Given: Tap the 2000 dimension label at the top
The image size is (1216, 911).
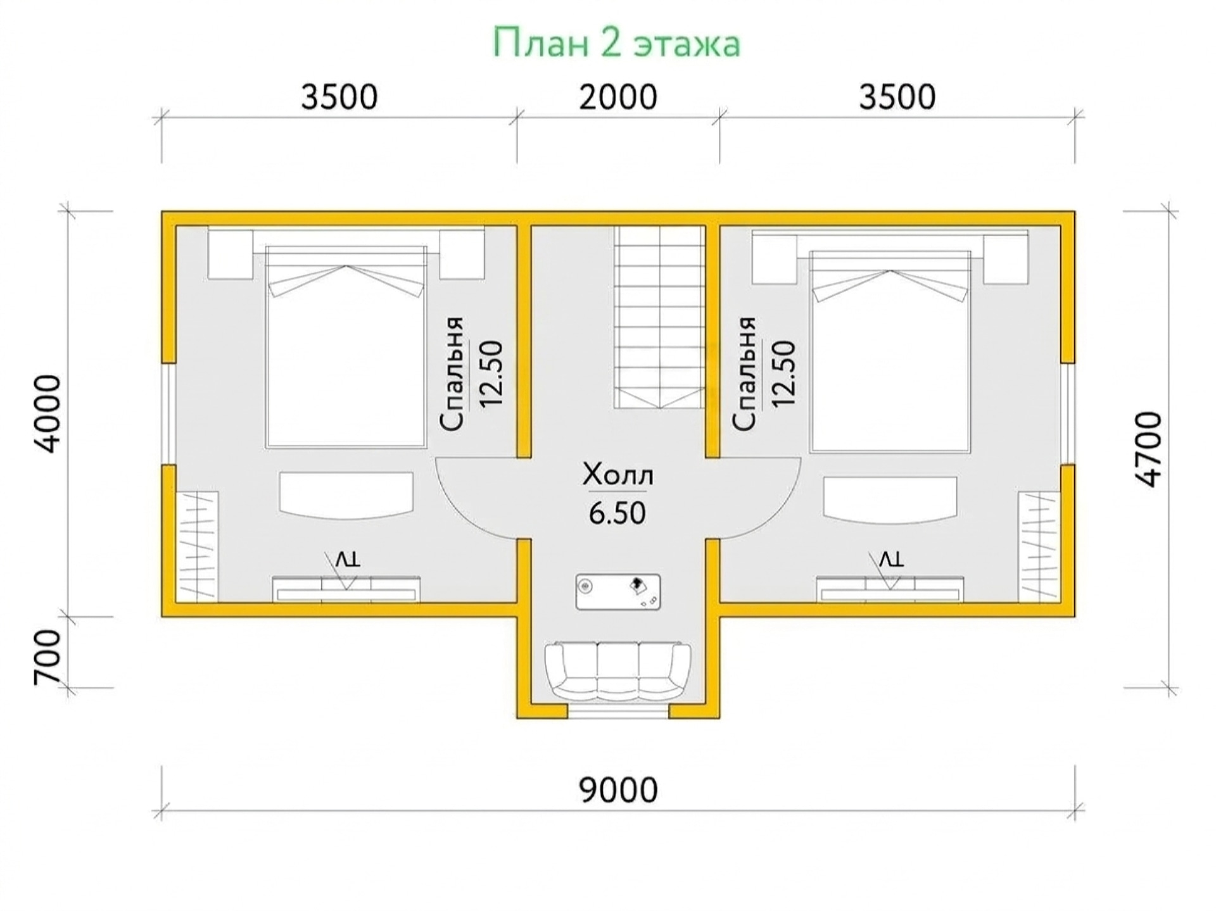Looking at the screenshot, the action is tap(617, 97).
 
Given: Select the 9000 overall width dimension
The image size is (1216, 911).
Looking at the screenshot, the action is tap(618, 790).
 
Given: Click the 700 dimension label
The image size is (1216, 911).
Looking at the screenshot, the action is tap(47, 657).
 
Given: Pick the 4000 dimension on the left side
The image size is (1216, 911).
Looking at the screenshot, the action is tap(47, 414).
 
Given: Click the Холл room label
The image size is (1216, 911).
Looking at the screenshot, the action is tap(617, 475).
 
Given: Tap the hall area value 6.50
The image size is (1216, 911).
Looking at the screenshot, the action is tap(617, 513).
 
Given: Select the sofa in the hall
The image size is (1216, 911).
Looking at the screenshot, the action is tap(617, 673).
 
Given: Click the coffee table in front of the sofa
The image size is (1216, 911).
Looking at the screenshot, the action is tap(618, 592).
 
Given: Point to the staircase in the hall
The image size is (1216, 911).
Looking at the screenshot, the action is tap(659, 317).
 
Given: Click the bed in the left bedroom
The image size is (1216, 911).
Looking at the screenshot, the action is tap(346, 347).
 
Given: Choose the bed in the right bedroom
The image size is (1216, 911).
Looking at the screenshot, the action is tap(890, 351).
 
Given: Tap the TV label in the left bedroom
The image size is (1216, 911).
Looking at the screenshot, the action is tap(347, 559).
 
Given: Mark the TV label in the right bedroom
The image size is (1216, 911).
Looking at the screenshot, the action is tap(891, 559).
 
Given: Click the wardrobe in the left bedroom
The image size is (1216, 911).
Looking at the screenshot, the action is tap(196, 546).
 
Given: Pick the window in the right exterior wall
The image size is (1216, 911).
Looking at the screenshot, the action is tap(1068, 414).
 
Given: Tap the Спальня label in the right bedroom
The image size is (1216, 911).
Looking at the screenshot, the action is tap(744, 374).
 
